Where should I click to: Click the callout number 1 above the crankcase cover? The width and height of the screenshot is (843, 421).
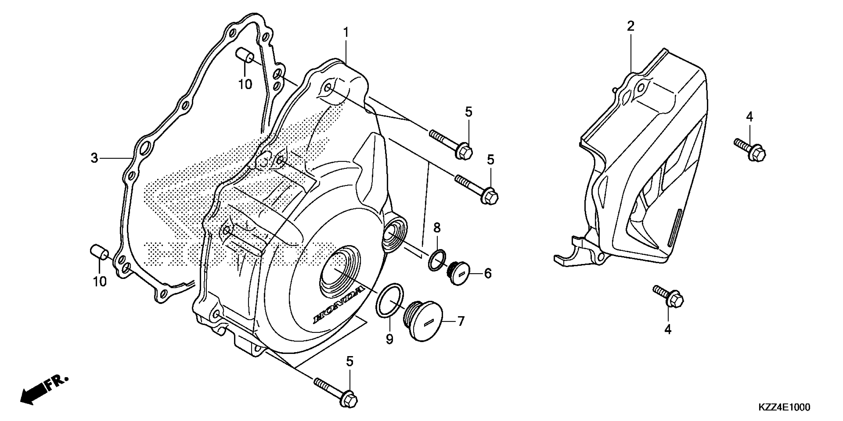click(x=346, y=33)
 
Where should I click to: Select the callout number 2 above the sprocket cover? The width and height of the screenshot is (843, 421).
click(x=630, y=26)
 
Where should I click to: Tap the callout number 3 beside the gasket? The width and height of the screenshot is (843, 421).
click(x=94, y=158)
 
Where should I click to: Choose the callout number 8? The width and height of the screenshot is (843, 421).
click(x=437, y=228)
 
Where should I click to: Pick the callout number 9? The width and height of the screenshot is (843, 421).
click(x=390, y=340)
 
